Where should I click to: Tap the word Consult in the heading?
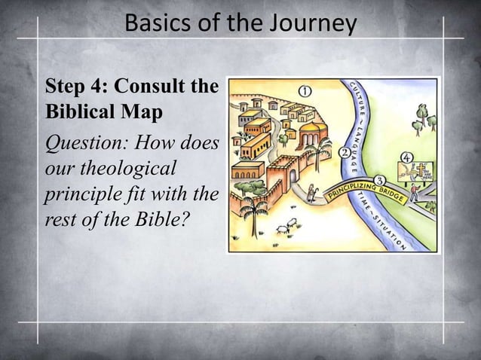pyautogui.click(x=151, y=87)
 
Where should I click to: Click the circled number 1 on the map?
pyautogui.click(x=306, y=90)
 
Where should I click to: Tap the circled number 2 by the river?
pyautogui.click(x=345, y=153)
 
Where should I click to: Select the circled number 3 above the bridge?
pyautogui.click(x=379, y=179)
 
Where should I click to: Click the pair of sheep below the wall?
pyautogui.click(x=283, y=226)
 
